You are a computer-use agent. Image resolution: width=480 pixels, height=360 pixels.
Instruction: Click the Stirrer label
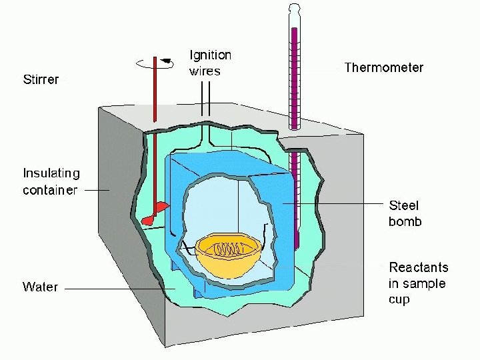click(x=41, y=80)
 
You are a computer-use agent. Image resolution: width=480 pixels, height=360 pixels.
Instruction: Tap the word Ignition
click(x=211, y=55)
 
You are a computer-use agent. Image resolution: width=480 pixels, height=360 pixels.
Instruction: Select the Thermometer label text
click(x=383, y=68)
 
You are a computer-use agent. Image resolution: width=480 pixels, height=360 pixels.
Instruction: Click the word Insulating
click(x=51, y=173)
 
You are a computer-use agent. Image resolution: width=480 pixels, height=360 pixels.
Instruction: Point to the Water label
click(x=41, y=287)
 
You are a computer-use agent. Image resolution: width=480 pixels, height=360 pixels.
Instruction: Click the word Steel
click(x=404, y=206)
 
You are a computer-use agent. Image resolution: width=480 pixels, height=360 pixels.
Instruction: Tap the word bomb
click(x=405, y=222)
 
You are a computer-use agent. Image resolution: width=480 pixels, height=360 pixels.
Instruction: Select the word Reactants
click(x=419, y=268)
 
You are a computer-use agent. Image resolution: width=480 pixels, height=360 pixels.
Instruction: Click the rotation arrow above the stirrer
click(x=155, y=63)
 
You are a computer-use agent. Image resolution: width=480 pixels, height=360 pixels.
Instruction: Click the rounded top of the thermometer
click(x=295, y=8)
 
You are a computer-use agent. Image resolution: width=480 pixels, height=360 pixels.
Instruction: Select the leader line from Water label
click(x=120, y=289)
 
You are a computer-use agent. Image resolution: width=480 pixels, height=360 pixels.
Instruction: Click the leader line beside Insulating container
click(x=97, y=190)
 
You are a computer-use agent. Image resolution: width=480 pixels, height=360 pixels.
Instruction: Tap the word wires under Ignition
click(x=205, y=71)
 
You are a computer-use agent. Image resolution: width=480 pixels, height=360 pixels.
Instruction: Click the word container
click(x=50, y=190)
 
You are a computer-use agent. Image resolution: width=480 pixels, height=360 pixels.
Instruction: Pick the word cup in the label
click(x=399, y=300)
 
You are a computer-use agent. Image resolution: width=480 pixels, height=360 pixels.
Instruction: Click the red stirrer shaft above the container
click(x=155, y=93)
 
